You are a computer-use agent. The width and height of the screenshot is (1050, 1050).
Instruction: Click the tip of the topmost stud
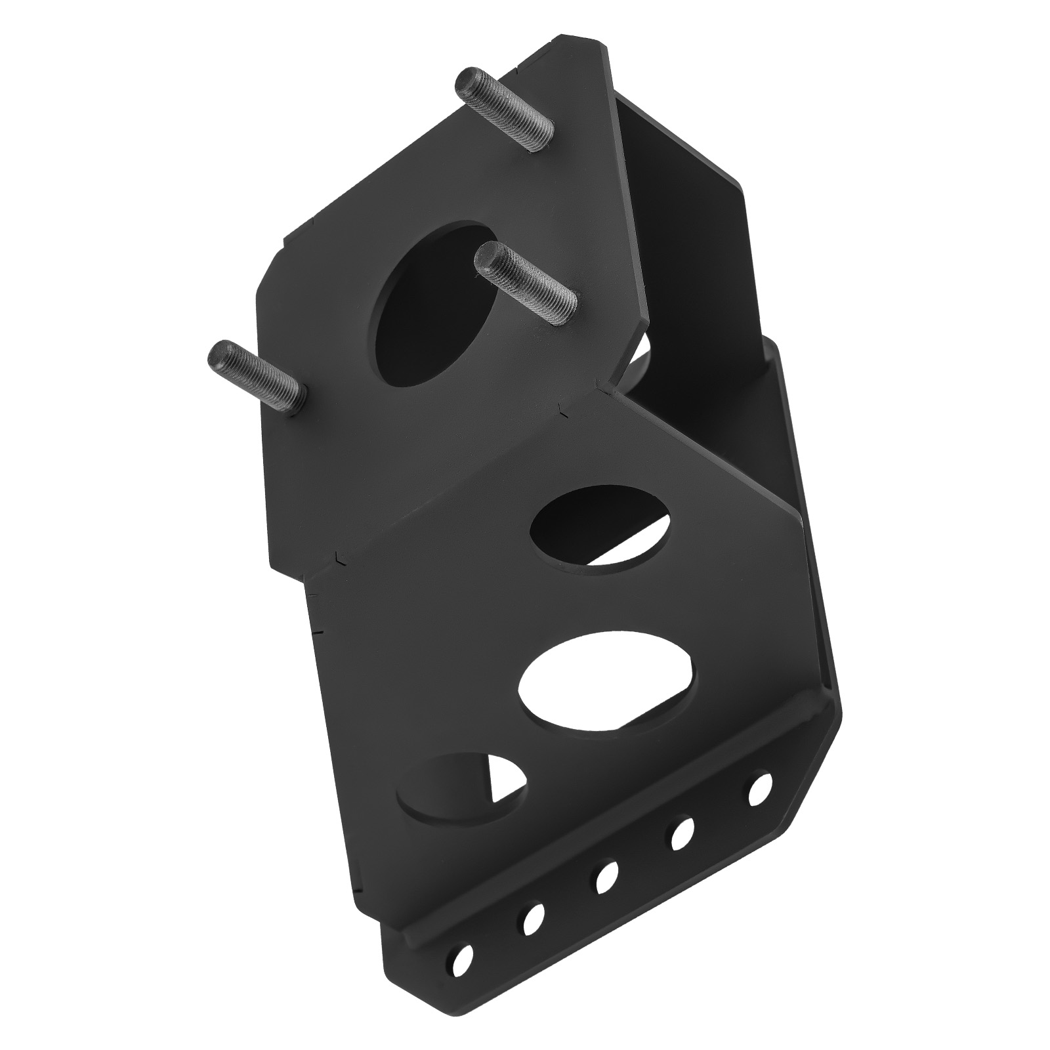467,81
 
